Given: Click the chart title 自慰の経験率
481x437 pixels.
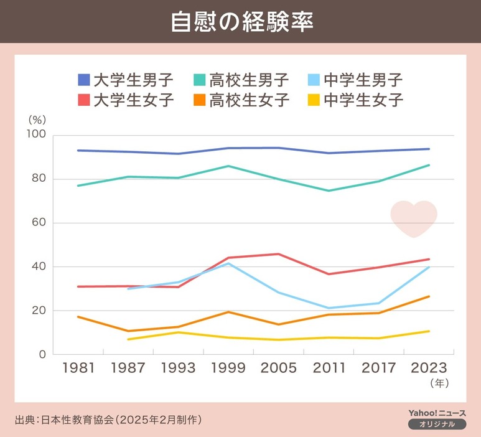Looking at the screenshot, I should pos(241,21).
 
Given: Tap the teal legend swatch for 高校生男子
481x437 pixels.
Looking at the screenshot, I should pos(200,80).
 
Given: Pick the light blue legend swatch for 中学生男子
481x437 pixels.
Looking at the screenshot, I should pos(315,80).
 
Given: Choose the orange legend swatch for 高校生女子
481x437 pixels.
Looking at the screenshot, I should pos(200,100).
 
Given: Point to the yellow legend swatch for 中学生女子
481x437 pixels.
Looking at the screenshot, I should pos(315,100).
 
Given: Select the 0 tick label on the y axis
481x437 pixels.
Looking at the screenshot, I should pos(43,354).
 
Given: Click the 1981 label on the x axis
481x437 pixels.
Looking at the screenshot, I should pos(78,368).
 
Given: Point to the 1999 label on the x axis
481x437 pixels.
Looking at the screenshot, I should pos(228,368).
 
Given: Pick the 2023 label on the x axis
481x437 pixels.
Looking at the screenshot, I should pos(429,368).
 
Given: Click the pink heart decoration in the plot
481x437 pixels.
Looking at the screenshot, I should pos(414,218).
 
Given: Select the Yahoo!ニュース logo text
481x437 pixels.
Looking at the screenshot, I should pos(437,413).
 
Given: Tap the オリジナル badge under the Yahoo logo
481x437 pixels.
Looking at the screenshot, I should pos(437,424).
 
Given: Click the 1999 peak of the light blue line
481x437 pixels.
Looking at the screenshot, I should pos(229,263).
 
